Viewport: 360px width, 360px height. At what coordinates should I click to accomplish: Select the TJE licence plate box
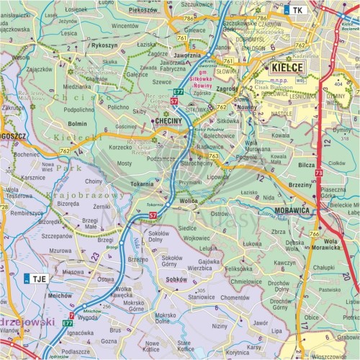[36, 278]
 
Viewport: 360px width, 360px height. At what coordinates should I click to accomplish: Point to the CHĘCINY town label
[169, 123]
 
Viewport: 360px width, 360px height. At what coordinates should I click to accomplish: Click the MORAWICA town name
[294, 210]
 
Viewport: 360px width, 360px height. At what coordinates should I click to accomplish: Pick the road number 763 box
[213, 155]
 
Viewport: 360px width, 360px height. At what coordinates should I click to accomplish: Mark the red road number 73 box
[318, 173]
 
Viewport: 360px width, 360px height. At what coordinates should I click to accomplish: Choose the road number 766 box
[314, 233]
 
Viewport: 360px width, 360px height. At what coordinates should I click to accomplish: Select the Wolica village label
[189, 201]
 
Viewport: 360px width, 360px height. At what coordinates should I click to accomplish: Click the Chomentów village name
[235, 297]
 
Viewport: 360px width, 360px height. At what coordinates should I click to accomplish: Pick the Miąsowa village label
[73, 272]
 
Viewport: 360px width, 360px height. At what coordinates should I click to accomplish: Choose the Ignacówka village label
[81, 333]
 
